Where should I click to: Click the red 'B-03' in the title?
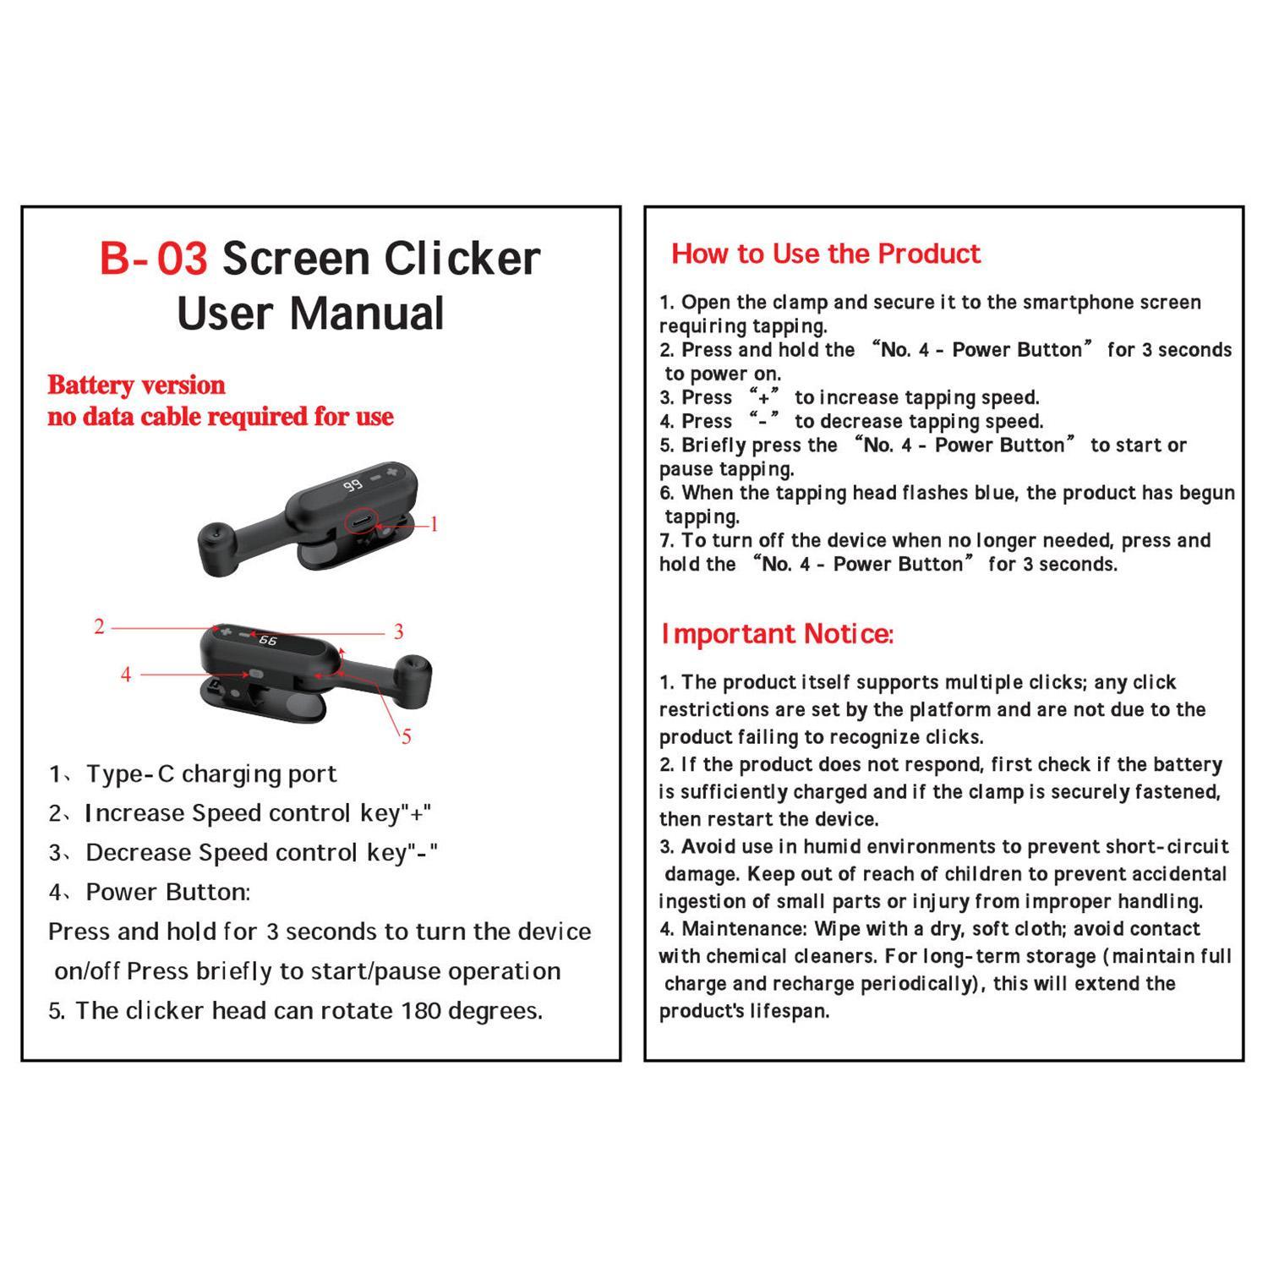[x=154, y=259]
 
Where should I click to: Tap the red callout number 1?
[x=435, y=525]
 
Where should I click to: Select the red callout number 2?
[x=100, y=627]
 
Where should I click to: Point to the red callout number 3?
[x=398, y=632]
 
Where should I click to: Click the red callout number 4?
[x=126, y=675]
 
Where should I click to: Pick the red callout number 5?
[x=407, y=737]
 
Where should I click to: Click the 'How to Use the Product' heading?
[x=826, y=254]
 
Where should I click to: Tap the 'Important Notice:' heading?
[x=777, y=634]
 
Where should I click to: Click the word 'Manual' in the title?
[x=366, y=314]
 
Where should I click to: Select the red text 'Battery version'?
[x=136, y=385]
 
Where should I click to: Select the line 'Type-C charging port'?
[x=211, y=774]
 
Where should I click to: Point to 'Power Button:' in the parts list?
[x=167, y=893]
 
